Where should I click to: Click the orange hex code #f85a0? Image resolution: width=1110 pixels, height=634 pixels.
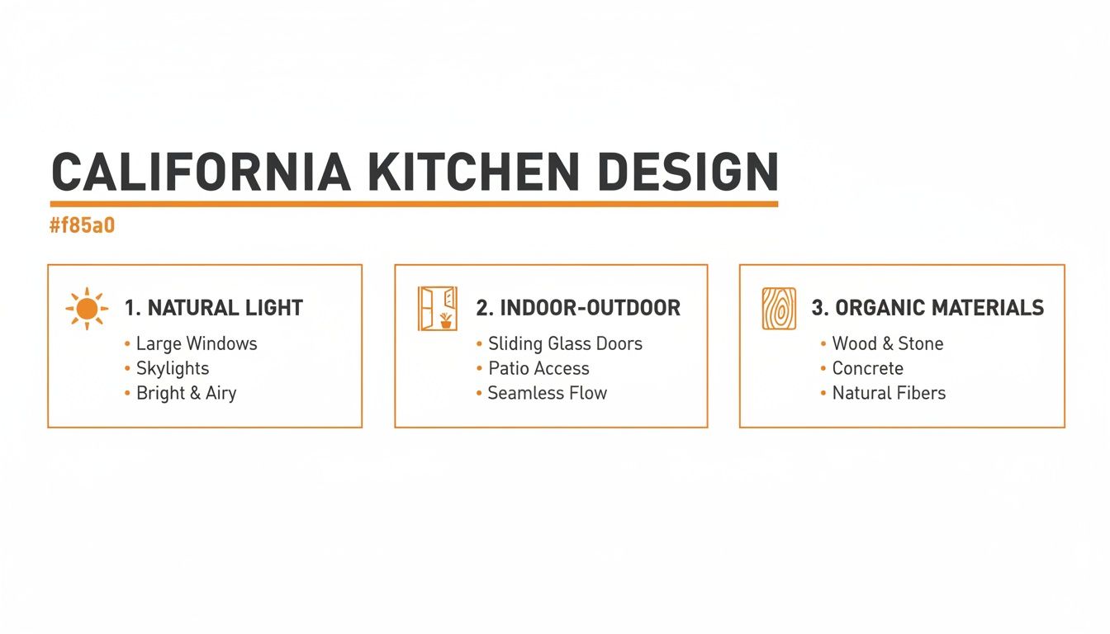[x=82, y=225]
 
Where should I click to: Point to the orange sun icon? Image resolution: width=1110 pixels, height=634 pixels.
[x=87, y=310]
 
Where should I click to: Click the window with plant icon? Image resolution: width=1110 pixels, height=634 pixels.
[x=438, y=309]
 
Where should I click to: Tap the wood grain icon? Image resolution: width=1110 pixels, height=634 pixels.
[x=778, y=309]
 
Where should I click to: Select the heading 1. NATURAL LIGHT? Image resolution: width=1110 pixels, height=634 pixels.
[x=213, y=309]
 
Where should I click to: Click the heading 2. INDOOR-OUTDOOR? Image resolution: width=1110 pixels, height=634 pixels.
[x=578, y=309]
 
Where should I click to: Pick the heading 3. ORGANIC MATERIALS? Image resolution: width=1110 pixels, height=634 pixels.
[x=927, y=309]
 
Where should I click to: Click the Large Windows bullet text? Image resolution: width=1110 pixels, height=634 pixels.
[x=197, y=343]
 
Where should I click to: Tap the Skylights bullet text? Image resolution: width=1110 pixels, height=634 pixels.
[x=173, y=368]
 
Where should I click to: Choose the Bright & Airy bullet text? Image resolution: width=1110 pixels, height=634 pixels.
[x=186, y=393]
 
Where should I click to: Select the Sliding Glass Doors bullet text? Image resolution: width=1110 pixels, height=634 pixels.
[x=565, y=343]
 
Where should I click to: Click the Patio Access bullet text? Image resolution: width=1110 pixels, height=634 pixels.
[x=538, y=368]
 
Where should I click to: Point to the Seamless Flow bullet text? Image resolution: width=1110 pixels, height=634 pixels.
[x=547, y=393]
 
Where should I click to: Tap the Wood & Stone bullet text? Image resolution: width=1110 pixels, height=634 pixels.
[x=887, y=343]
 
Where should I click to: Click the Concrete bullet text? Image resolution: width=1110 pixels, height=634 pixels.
[x=867, y=368]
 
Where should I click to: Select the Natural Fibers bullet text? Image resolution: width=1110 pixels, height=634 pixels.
[x=889, y=393]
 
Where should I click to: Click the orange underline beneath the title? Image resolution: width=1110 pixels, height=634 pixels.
[x=414, y=203]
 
